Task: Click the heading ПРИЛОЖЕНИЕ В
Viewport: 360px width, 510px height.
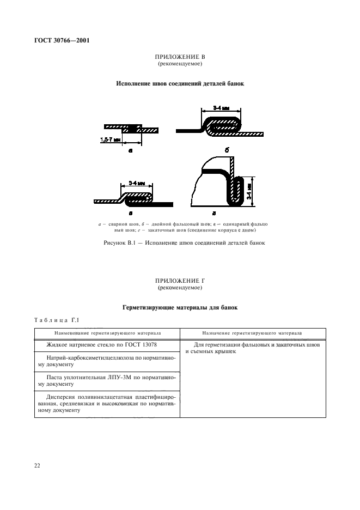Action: tap(180, 57)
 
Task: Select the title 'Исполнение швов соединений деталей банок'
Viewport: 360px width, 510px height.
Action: tap(180, 84)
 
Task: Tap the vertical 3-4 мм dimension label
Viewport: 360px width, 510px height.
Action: tap(249, 188)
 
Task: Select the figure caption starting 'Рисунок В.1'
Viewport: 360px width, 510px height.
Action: tap(180, 242)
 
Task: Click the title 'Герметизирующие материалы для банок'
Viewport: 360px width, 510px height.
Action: tap(180, 308)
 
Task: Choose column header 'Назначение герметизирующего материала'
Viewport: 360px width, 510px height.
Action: tap(253, 333)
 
